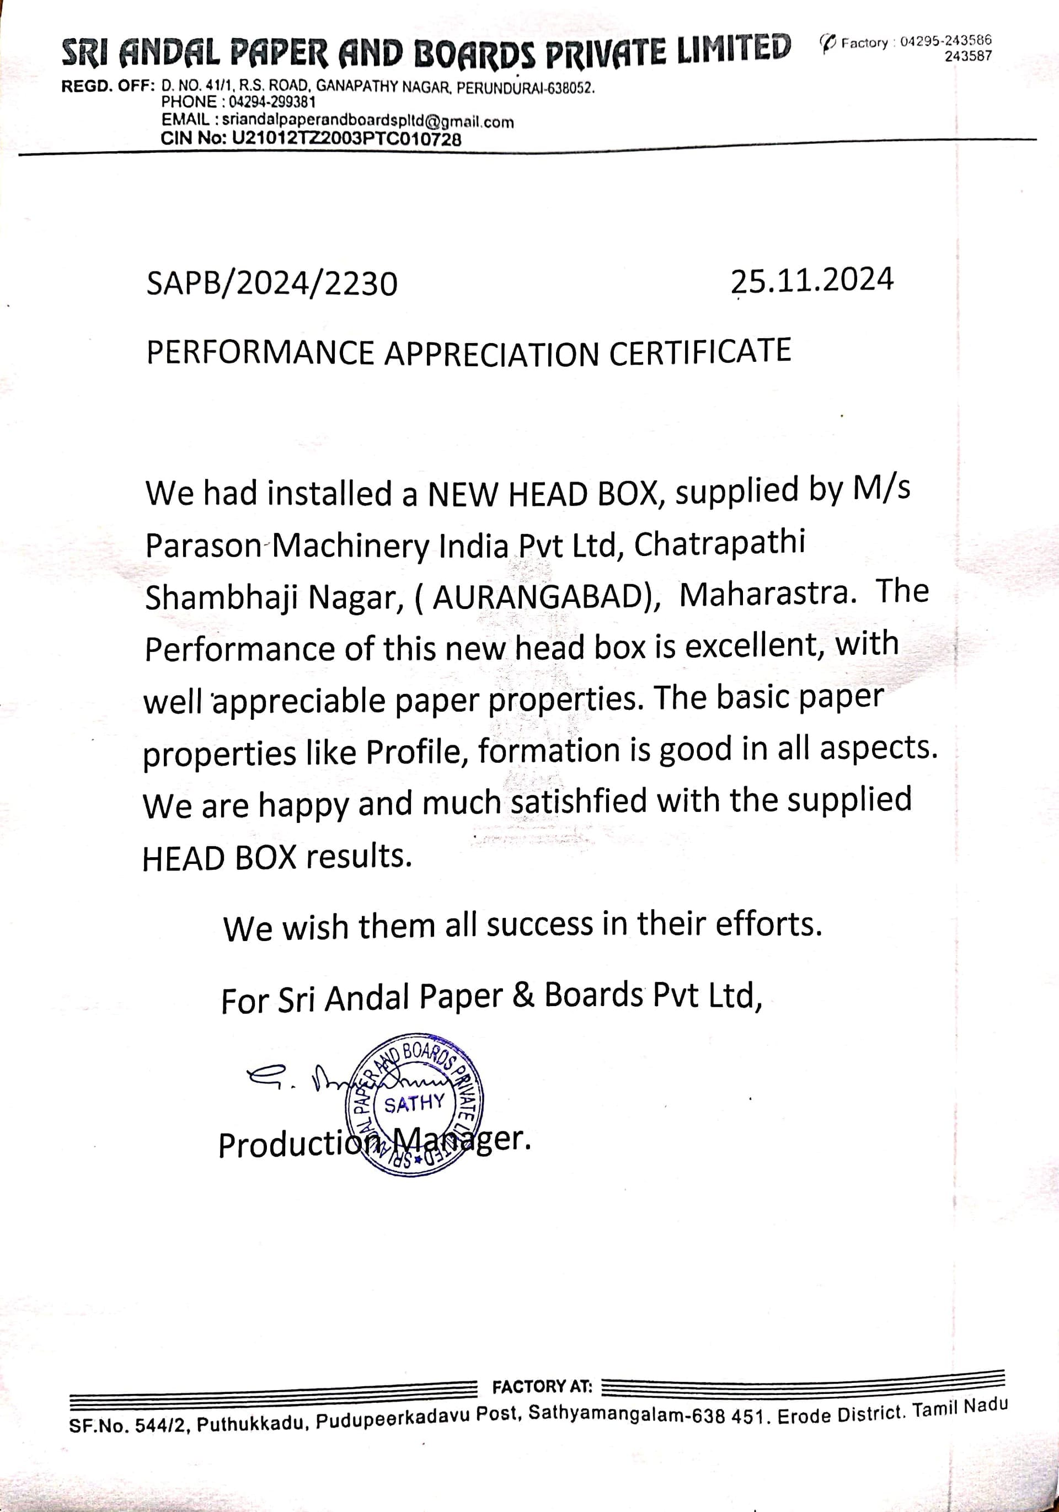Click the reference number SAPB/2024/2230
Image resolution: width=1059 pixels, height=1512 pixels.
(x=271, y=285)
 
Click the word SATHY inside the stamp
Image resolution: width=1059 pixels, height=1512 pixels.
(x=414, y=1104)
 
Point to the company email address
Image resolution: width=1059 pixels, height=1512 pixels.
(x=367, y=121)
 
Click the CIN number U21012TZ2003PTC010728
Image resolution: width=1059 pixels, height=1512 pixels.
(x=346, y=139)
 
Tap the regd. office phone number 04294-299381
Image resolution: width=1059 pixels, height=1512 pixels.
(x=272, y=102)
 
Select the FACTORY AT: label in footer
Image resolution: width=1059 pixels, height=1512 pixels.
(x=542, y=1387)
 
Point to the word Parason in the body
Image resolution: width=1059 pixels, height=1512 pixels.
(x=203, y=546)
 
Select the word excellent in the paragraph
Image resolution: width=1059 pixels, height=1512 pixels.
(x=753, y=645)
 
